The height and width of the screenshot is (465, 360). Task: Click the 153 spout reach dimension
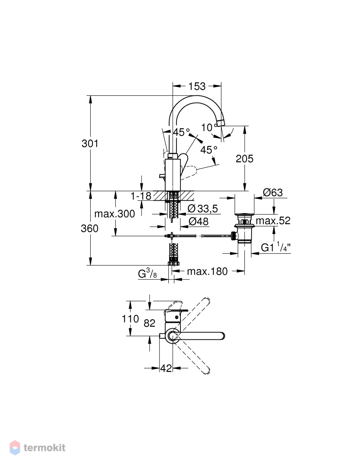tap(197, 86)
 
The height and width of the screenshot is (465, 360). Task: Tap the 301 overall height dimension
tap(90, 143)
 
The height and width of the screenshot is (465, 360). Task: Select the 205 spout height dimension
tap(245, 158)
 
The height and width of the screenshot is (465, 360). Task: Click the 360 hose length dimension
tap(89, 228)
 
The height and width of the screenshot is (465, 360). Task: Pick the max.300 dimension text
tap(115, 214)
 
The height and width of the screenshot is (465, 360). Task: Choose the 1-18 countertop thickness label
tap(141, 196)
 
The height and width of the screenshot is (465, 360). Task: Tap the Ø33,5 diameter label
tap(203, 208)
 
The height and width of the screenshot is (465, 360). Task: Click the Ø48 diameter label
tap(198, 222)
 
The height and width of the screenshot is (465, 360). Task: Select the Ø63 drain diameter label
tap(273, 192)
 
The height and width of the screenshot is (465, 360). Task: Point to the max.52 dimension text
tap(273, 220)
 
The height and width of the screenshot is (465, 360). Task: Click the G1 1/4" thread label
tap(276, 247)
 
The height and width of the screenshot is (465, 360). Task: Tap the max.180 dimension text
tap(207, 272)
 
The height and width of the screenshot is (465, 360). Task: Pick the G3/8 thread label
tap(147, 274)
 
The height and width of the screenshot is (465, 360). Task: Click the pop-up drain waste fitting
tap(244, 228)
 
